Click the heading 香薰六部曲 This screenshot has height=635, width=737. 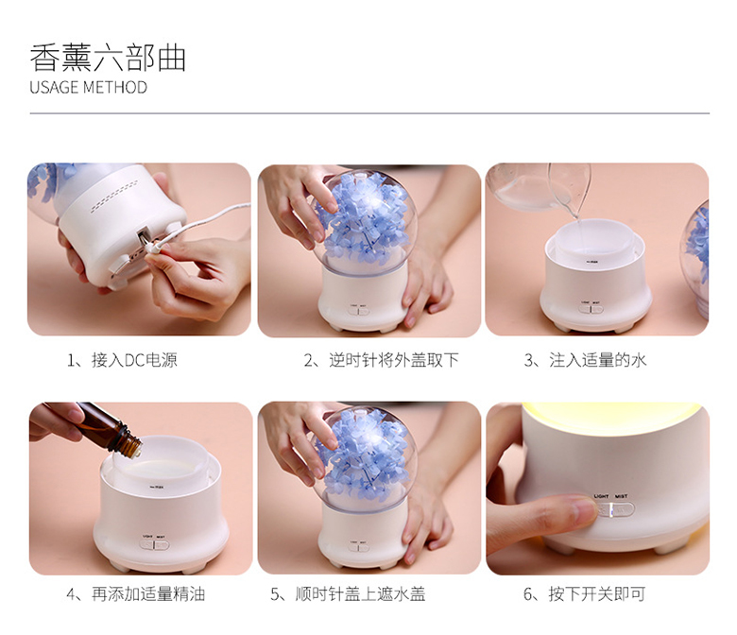pos(108,58)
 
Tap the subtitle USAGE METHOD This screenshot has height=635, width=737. pos(89,88)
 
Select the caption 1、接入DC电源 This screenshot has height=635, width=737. pos(122,360)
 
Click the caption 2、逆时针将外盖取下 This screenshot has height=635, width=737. pos(381,360)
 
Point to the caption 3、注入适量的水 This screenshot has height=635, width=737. pos(585,360)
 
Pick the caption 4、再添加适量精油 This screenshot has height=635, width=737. pos(136,594)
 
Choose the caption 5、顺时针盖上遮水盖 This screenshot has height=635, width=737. pos(348,594)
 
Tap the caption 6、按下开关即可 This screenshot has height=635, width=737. pos(584,594)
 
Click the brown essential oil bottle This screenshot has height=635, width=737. pos(108,428)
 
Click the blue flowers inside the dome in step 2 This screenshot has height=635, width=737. pos(366,216)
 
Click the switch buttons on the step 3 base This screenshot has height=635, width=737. pos(591,309)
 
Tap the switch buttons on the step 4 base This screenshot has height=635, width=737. pos(154,544)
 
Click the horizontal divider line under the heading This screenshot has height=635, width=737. pos(369,113)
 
